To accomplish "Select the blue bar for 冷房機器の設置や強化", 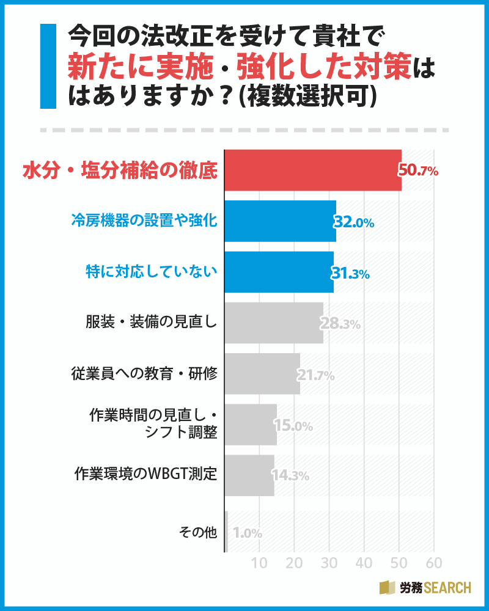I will point(281,221).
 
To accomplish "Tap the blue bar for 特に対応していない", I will point(280,272).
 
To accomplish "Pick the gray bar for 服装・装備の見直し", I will point(274,323).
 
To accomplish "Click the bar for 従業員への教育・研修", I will point(263,373).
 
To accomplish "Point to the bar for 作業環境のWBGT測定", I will point(250,475).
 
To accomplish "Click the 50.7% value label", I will point(419,171).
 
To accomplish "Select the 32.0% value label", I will point(354,222).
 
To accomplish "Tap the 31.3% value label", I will point(351,273).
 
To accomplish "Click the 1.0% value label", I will point(247,533).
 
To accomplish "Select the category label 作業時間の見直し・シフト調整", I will point(153,424).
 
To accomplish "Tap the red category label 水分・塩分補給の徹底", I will point(120,170).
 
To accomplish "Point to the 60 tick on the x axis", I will point(433,562).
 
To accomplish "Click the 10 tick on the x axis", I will point(260,562).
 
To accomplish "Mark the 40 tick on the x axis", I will point(364,562).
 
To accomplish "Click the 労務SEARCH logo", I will point(425,588).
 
